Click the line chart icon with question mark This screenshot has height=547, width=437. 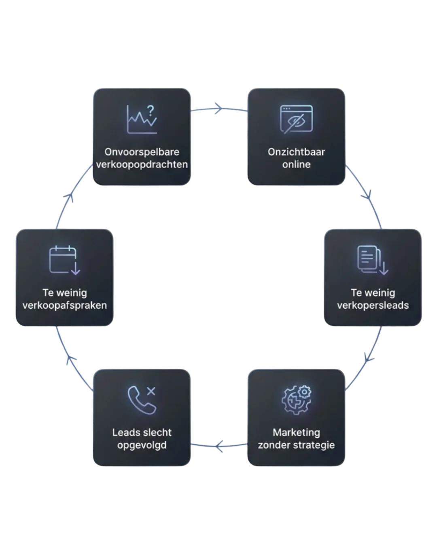pos(142,120)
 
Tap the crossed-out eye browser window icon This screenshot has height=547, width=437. pos(297,120)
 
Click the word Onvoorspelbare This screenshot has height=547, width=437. pos(142,152)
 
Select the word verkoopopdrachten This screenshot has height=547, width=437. pos(142,165)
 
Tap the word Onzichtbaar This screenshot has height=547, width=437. pos(297,152)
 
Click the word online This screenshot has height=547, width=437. pos(297,165)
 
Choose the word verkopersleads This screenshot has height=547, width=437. pos(373,305)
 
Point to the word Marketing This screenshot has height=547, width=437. pos(297,432)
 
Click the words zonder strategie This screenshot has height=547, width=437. pos(297,445)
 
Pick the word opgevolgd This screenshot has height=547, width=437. pos(142,445)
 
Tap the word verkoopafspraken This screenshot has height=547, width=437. pos(65,305)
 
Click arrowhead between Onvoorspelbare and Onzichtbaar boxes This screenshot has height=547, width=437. pos(218,108)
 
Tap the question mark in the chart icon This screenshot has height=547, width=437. pos(151,110)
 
